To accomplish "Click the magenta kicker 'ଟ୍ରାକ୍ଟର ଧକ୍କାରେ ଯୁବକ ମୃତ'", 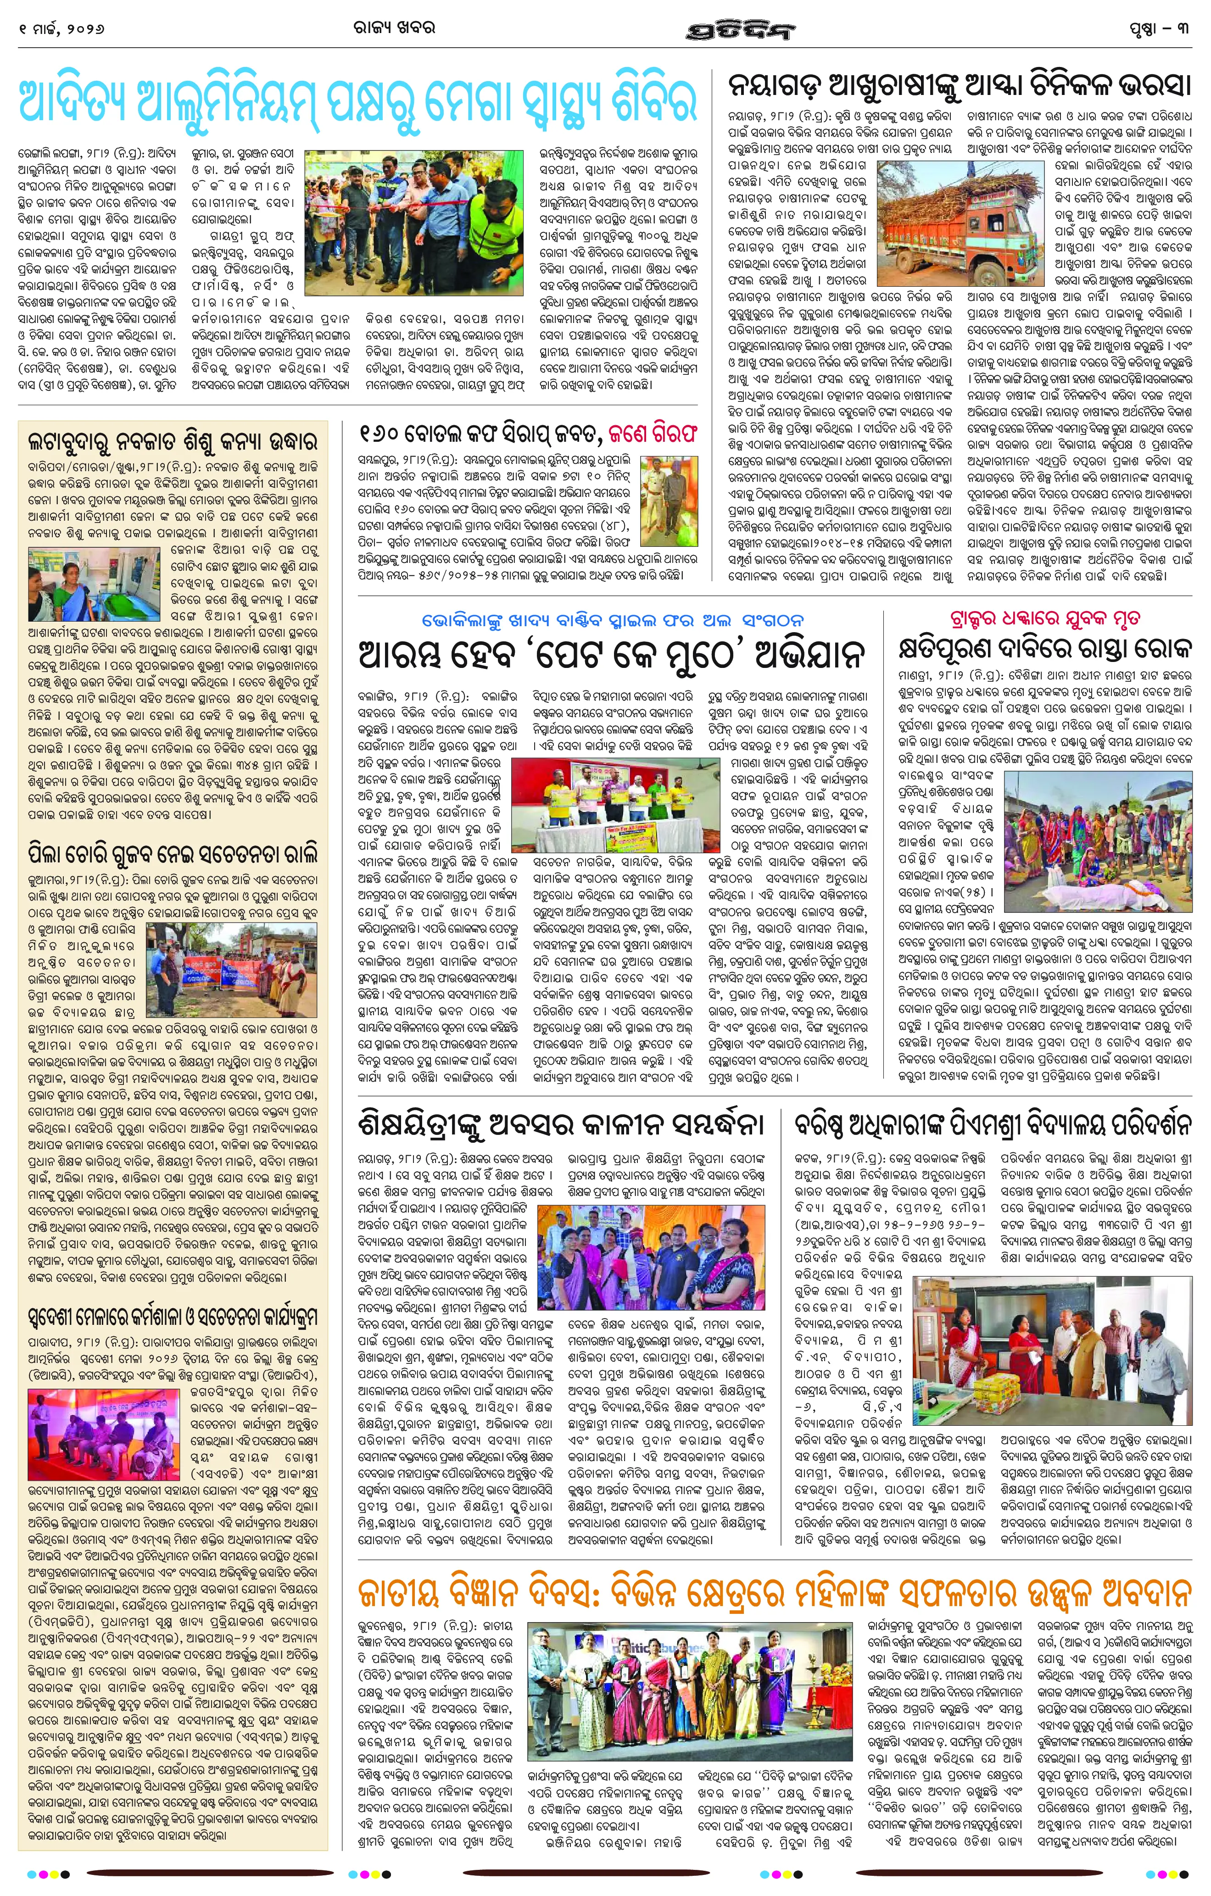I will click(1045, 617).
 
